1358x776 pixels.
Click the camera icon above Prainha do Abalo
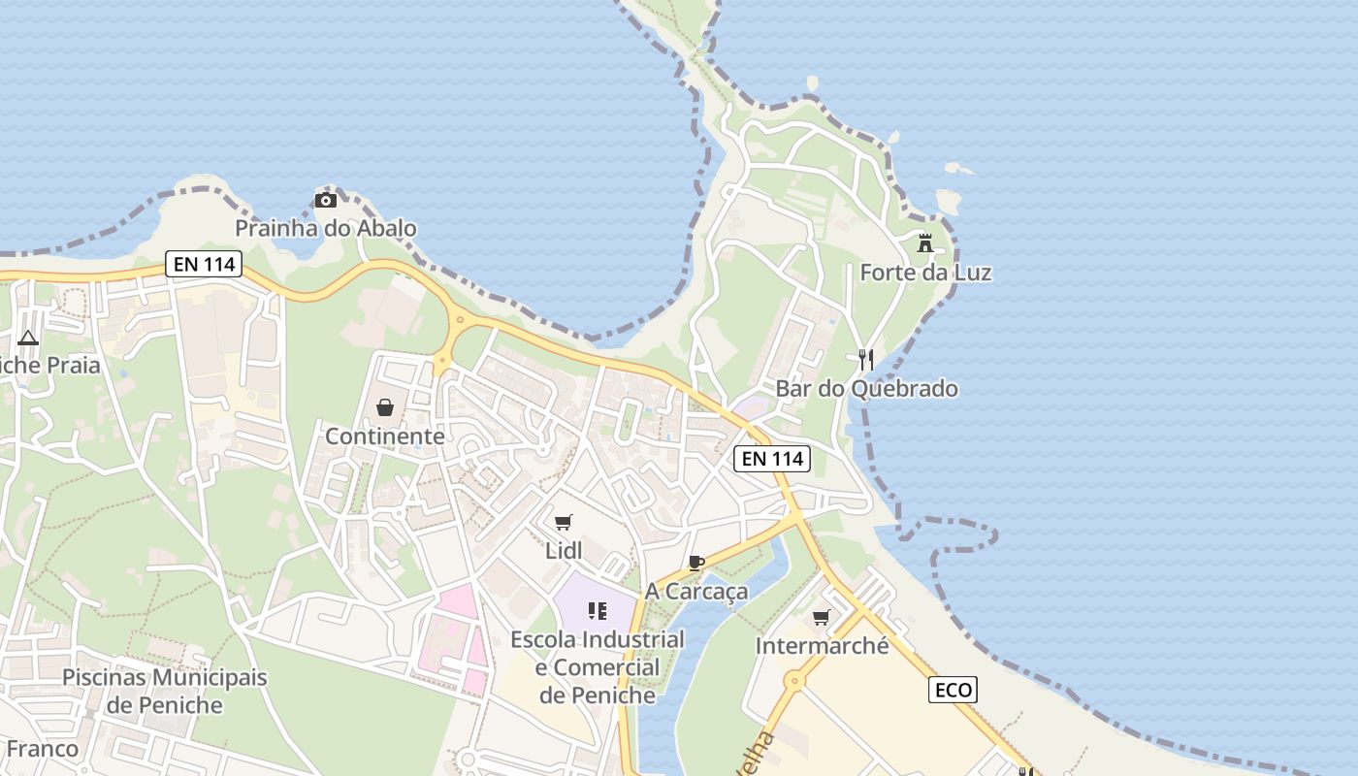[x=325, y=201]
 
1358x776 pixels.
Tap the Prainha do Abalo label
[x=326, y=229]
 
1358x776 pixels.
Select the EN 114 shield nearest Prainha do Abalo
[x=203, y=263]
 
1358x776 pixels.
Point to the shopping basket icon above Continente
[x=385, y=407]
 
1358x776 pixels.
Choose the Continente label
[x=385, y=436]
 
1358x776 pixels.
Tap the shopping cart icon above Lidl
[x=564, y=522]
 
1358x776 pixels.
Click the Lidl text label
[x=564, y=551]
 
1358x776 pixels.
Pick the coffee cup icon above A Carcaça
[x=695, y=563]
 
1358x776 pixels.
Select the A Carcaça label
[x=696, y=592]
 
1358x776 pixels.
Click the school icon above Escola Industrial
[x=597, y=611]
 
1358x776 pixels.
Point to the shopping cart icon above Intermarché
[x=822, y=617]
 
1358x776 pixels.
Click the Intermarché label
[x=822, y=646]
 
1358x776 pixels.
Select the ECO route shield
[x=953, y=690]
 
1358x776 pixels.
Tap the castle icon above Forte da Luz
[x=925, y=243]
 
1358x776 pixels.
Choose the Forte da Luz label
[x=925, y=273]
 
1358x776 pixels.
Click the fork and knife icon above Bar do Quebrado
[x=866, y=360]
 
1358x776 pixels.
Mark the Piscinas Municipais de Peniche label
[x=164, y=691]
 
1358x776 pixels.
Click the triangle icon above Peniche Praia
[x=27, y=338]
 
